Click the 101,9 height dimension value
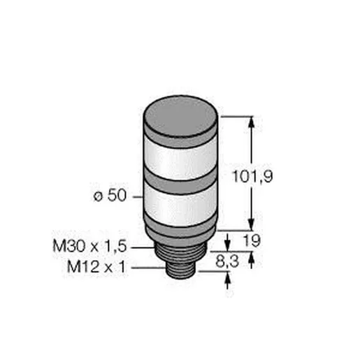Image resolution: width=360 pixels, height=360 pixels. (252, 176)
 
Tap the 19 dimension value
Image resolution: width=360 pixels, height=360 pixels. (252, 240)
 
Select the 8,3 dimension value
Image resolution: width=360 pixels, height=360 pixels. (227, 261)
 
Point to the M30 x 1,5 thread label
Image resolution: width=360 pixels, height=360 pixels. (89, 246)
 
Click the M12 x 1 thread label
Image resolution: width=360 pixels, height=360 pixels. (96, 267)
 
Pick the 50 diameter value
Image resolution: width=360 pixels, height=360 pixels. (117, 195)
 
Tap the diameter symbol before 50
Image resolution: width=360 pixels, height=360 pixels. (98, 196)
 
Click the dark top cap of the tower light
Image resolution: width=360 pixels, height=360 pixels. (180, 117)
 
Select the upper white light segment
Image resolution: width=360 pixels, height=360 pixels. (181, 159)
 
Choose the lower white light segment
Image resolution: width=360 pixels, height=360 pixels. (181, 206)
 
